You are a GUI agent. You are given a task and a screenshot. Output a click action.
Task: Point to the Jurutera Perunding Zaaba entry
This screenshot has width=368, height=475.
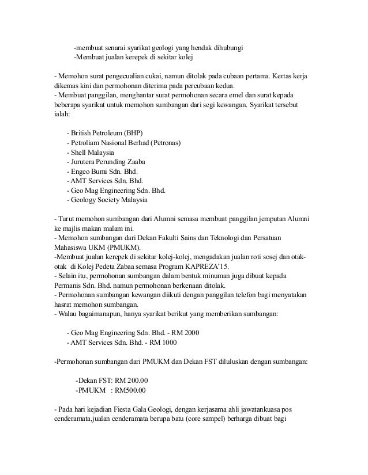coord(107,162)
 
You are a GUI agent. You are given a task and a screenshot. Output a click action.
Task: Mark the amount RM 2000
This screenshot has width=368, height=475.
coord(187,333)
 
